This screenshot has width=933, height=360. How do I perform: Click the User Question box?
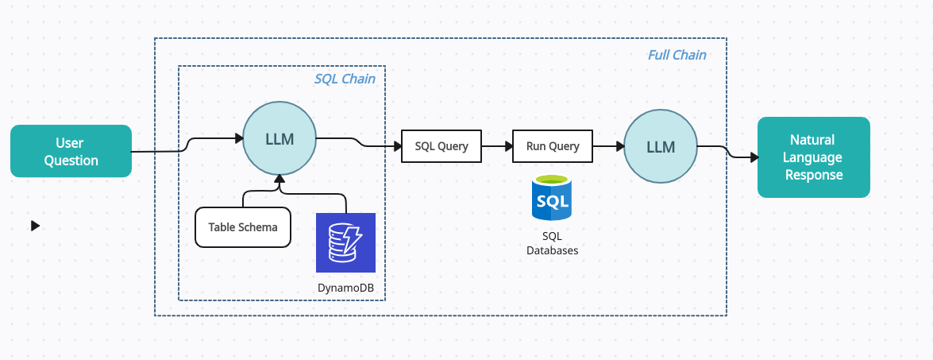[x=71, y=151]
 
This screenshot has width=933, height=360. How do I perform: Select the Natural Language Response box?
[x=813, y=157]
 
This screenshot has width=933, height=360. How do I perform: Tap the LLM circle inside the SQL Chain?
[x=279, y=140]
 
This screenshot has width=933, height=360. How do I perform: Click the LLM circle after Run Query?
[x=660, y=147]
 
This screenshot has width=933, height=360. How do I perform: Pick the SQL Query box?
[x=441, y=146]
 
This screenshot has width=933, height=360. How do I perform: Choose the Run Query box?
[x=553, y=146]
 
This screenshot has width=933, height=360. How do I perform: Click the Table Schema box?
[x=243, y=226]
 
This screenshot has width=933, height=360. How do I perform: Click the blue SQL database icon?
[x=553, y=199]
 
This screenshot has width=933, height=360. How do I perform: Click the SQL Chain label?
[x=345, y=79]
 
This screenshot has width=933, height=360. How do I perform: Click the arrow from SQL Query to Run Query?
[x=496, y=146]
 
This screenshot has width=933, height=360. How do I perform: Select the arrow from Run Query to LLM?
[x=607, y=146]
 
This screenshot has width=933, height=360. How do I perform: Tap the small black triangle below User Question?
[x=35, y=226]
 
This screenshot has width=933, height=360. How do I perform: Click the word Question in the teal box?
[x=71, y=161]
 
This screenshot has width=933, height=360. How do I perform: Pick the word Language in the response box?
[x=813, y=158]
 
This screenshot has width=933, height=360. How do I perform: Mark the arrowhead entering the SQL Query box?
[x=397, y=146]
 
